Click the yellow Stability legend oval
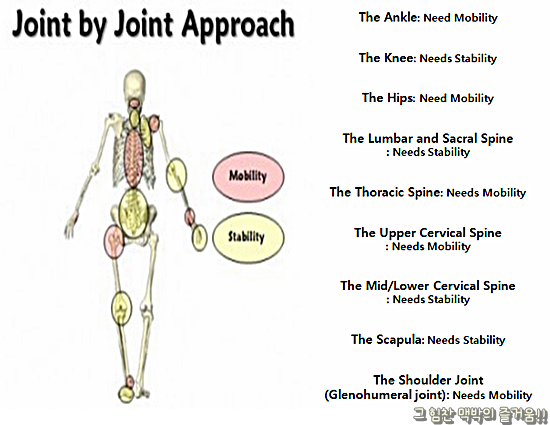tap(247, 238)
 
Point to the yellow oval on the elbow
tap(177, 175)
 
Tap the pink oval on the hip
tap(113, 238)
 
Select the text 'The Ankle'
tap(386, 18)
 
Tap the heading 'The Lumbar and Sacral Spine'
tap(427, 139)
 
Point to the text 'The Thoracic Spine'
tap(386, 192)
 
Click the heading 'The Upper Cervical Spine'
tap(427, 233)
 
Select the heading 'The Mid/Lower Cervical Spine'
tap(427, 286)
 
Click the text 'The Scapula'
tap(387, 340)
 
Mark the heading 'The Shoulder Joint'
tap(428, 380)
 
